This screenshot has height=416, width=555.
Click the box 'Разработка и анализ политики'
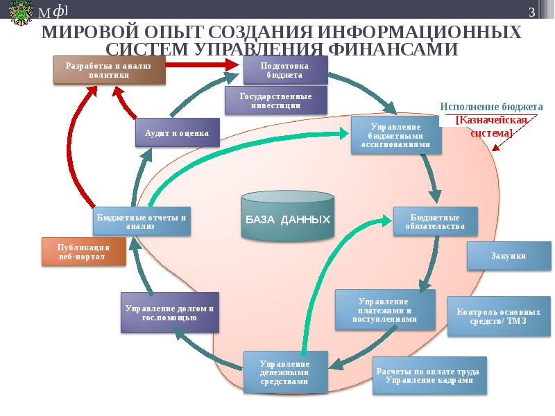pyautogui.click(x=110, y=70)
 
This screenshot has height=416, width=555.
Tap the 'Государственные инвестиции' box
pyautogui.click(x=275, y=101)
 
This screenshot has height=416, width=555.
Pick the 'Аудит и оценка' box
pyautogui.click(x=177, y=132)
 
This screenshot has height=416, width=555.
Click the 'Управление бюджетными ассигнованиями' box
pyautogui.click(x=395, y=135)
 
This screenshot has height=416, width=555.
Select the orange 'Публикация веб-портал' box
pyautogui.click(x=84, y=252)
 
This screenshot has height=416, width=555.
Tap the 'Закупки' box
pyautogui.click(x=509, y=256)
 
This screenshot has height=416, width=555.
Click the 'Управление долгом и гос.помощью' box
pyautogui.click(x=170, y=312)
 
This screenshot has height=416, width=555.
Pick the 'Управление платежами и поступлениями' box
pyautogui.click(x=386, y=310)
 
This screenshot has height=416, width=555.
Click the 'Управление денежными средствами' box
pyautogui.click(x=284, y=372)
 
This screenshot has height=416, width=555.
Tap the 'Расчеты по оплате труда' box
pyautogui.click(x=430, y=376)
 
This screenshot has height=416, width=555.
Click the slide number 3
pyautogui.click(x=531, y=12)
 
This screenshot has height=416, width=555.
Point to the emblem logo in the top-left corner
pyautogui.click(x=18, y=12)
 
